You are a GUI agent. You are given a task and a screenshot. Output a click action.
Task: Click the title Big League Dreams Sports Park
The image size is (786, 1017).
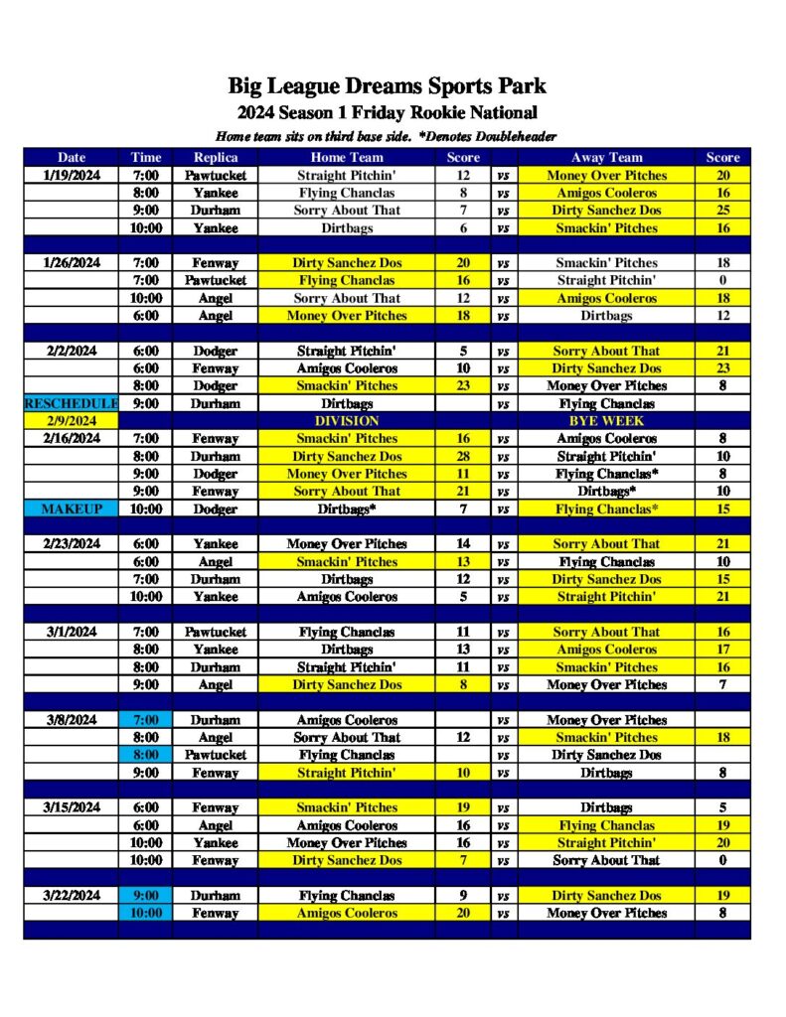click(388, 86)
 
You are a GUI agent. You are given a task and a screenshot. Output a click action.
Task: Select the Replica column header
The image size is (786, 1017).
click(216, 157)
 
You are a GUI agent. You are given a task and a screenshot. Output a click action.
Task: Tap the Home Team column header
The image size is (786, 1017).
click(346, 157)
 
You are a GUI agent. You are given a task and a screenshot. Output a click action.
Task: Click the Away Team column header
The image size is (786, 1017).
click(606, 157)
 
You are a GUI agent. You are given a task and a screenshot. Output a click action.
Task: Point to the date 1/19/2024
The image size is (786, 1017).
click(72, 175)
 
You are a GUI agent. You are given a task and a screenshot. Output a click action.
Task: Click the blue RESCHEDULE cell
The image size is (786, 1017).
click(72, 404)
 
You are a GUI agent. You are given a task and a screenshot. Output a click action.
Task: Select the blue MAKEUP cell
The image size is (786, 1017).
click(72, 508)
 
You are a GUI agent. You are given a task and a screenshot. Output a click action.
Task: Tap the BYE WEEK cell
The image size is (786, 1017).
click(606, 421)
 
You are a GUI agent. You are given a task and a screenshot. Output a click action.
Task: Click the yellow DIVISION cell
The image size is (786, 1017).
click(346, 421)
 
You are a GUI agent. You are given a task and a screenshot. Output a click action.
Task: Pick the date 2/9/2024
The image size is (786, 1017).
click(72, 421)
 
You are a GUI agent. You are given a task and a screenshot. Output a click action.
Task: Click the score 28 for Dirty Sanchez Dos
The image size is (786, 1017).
click(463, 456)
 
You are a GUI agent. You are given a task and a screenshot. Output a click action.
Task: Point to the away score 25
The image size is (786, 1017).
click(722, 211)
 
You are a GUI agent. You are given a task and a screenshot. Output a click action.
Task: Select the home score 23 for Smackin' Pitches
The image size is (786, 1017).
click(463, 385)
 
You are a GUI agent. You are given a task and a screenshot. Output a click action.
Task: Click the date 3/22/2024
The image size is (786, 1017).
click(72, 895)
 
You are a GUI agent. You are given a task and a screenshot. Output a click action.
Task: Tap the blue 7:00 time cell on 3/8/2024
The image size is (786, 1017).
click(145, 720)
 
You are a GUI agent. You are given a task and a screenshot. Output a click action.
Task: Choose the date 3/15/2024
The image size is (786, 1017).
click(72, 807)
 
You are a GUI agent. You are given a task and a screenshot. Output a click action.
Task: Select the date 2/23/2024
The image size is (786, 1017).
click(72, 544)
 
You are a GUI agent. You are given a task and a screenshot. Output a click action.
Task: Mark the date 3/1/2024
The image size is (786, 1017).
click(72, 632)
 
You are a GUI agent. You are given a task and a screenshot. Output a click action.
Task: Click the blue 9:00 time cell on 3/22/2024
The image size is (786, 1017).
click(145, 895)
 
